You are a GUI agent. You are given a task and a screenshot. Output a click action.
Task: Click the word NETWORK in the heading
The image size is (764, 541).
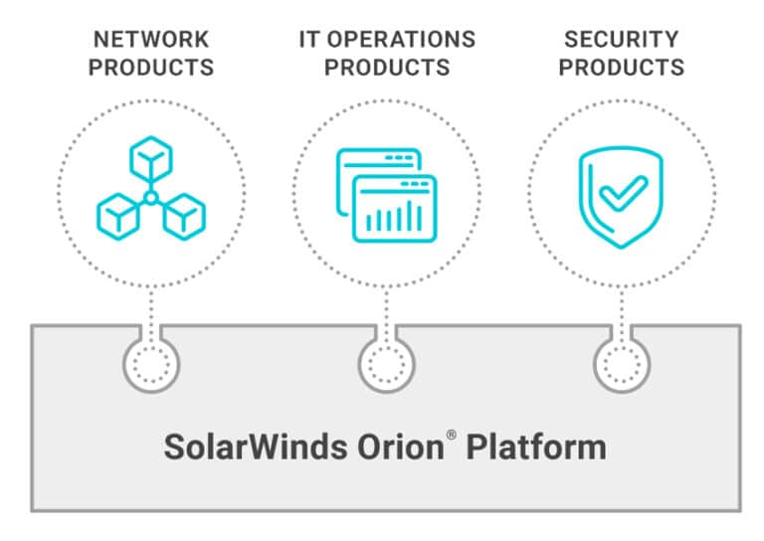(151, 40)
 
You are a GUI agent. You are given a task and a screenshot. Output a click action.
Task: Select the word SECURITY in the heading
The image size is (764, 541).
(621, 40)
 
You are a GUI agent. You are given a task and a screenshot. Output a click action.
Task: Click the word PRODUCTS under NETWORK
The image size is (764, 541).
(151, 68)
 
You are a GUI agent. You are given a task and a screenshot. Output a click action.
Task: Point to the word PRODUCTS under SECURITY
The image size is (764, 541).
(621, 68)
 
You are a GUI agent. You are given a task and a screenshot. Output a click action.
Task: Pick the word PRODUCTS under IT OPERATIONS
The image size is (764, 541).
(387, 68)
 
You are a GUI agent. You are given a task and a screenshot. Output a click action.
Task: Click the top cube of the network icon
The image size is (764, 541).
(151, 159)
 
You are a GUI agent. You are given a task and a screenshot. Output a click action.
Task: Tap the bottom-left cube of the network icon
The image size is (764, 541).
(118, 217)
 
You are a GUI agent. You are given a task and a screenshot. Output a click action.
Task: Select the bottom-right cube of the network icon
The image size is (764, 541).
(184, 217)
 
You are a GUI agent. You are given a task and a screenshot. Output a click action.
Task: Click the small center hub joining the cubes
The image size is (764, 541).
(151, 198)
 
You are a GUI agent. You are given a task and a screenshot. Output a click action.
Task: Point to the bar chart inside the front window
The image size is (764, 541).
(394, 216)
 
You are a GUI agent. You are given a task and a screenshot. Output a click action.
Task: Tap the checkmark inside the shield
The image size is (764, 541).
(623, 193)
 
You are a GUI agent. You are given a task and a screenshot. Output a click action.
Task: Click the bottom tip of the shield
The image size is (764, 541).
(621, 248)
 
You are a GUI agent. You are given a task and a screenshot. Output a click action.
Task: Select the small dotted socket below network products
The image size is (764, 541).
(151, 364)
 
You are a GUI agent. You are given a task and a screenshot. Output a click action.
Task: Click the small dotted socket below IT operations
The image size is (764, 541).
(386, 364)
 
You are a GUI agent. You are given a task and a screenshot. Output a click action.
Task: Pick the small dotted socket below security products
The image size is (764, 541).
(622, 364)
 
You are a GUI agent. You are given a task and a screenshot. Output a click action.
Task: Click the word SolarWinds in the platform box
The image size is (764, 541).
(256, 447)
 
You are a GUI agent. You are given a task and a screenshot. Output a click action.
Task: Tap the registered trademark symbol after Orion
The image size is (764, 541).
(452, 435)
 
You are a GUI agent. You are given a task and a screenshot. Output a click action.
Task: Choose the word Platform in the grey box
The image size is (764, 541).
(536, 447)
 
